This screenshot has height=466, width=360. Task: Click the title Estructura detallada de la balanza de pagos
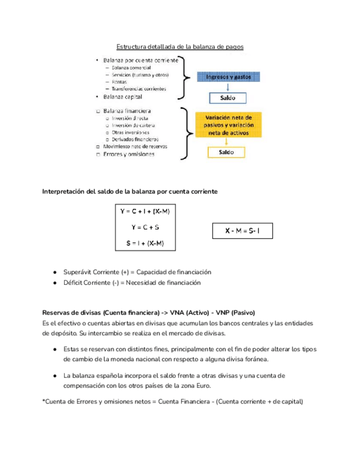click(x=180, y=47)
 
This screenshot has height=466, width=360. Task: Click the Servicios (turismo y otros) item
click(x=140, y=75)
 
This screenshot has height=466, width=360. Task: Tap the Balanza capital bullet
click(x=123, y=97)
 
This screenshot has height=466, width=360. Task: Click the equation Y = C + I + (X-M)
click(x=146, y=212)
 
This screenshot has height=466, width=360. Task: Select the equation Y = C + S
click(x=146, y=228)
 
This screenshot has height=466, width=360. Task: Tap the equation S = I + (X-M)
click(x=146, y=244)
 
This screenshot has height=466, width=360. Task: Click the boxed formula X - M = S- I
click(x=241, y=231)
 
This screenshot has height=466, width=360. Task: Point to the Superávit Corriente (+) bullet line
click(x=137, y=272)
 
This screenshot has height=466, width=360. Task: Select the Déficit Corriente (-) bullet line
click(x=132, y=282)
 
